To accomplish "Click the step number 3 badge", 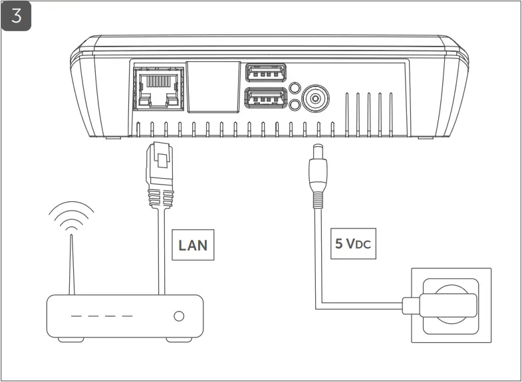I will click(x=17, y=17).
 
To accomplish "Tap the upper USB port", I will click(x=265, y=72).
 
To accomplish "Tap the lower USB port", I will click(x=265, y=98).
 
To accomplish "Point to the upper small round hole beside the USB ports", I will click(x=295, y=88).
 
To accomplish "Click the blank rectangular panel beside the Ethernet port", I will click(x=212, y=86).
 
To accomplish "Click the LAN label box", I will click(x=192, y=244).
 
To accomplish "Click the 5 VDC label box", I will click(x=352, y=244).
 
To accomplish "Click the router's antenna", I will click(x=71, y=262).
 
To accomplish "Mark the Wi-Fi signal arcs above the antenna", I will click(x=70, y=216).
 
